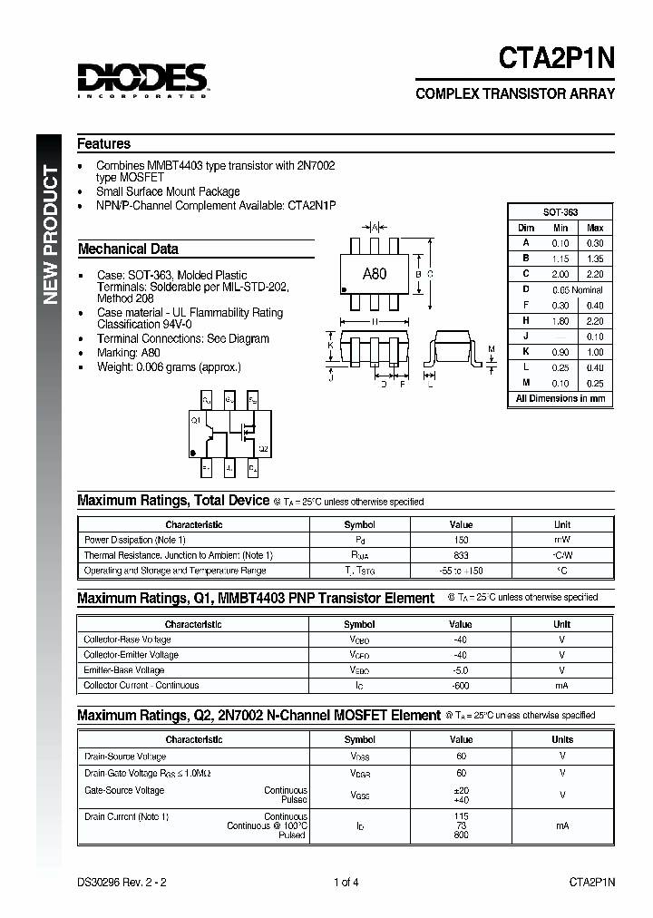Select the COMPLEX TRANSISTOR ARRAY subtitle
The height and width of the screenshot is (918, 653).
(x=514, y=94)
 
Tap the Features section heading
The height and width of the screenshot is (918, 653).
(x=103, y=144)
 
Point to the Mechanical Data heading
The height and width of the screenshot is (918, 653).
(x=128, y=249)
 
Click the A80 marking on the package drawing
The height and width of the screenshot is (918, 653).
(x=374, y=273)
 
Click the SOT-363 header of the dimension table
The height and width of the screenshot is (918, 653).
(x=560, y=211)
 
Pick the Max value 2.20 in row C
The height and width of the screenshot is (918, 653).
(x=594, y=274)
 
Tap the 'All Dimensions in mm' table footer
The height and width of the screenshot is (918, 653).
(x=560, y=398)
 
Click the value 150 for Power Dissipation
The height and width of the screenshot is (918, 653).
(x=461, y=540)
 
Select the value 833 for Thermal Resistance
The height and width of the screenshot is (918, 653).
(x=461, y=555)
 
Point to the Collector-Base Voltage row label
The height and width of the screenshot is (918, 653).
(x=127, y=640)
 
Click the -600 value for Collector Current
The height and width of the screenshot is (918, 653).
(x=461, y=686)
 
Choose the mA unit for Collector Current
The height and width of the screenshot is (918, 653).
(x=562, y=686)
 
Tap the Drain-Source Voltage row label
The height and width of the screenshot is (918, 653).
(x=125, y=756)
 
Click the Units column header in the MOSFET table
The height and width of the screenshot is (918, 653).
(x=562, y=739)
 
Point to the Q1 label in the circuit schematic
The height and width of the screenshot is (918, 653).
(x=195, y=420)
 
